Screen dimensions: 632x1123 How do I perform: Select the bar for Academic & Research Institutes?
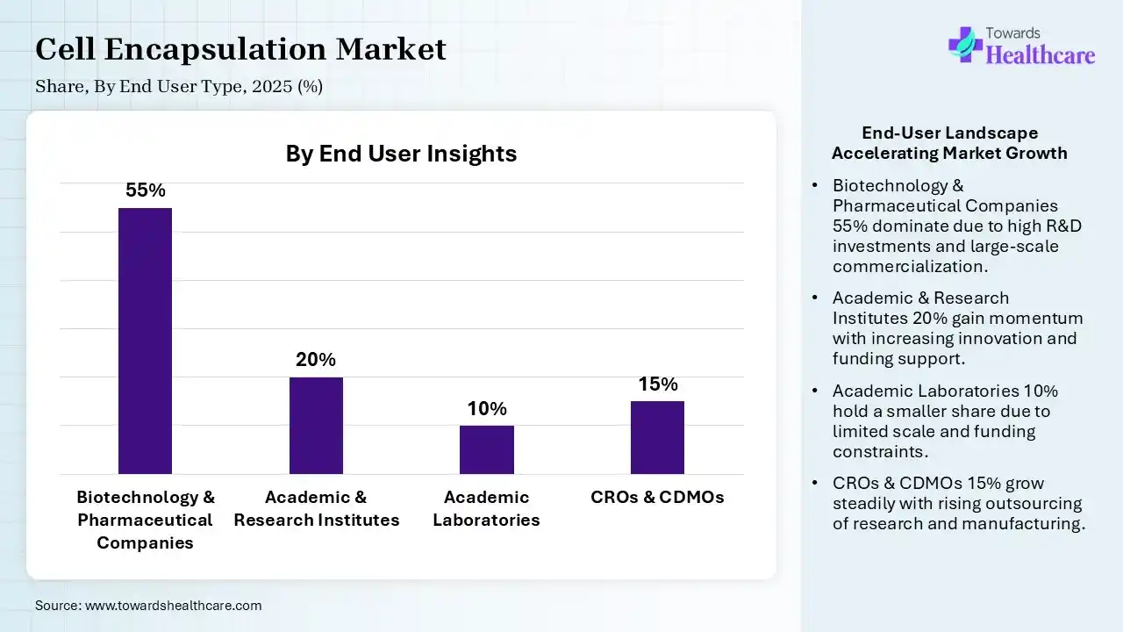tap(316, 426)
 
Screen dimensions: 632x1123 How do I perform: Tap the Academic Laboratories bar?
tap(486, 449)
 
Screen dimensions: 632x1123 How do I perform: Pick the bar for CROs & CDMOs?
tap(657, 437)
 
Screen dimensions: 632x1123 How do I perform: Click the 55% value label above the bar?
tap(146, 190)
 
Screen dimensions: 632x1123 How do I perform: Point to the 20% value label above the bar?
tap(316, 360)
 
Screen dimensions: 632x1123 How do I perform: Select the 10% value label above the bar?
tap(487, 409)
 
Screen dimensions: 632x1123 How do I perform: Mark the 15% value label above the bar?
tap(657, 384)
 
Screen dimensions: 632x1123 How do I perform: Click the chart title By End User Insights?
tap(401, 154)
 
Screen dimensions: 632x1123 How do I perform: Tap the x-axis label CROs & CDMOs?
tap(657, 497)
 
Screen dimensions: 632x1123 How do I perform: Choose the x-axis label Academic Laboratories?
tap(486, 508)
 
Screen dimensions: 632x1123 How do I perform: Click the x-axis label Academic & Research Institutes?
tap(316, 508)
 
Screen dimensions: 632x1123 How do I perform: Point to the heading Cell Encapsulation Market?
tap(240, 49)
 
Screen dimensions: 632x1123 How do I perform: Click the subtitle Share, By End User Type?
tap(179, 87)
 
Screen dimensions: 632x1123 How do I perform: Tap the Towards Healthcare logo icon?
tap(965, 44)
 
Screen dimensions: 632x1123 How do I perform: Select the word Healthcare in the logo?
tap(1041, 55)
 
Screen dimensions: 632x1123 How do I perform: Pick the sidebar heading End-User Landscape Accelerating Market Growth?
tap(949, 143)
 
